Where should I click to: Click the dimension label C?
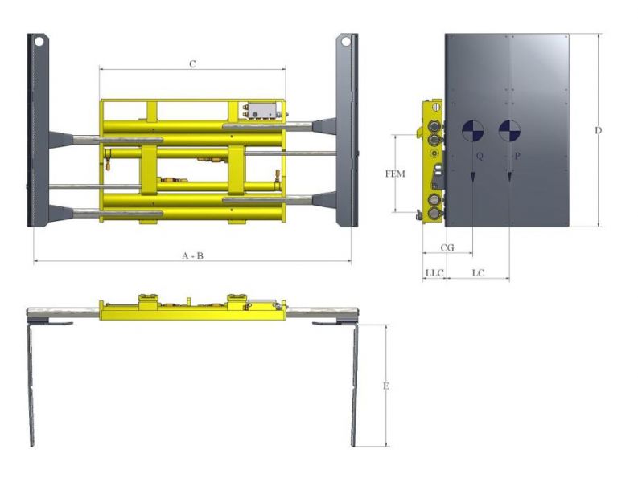(x=192, y=64)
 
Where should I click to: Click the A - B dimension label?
(x=192, y=255)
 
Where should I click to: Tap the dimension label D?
(x=598, y=130)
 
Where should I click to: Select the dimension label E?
(x=385, y=386)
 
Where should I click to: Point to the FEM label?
(x=395, y=174)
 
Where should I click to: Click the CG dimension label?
(x=447, y=247)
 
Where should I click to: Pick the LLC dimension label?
(x=434, y=272)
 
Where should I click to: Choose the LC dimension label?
(x=478, y=272)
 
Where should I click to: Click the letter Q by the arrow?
(x=480, y=156)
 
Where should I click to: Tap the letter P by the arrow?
(x=517, y=156)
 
